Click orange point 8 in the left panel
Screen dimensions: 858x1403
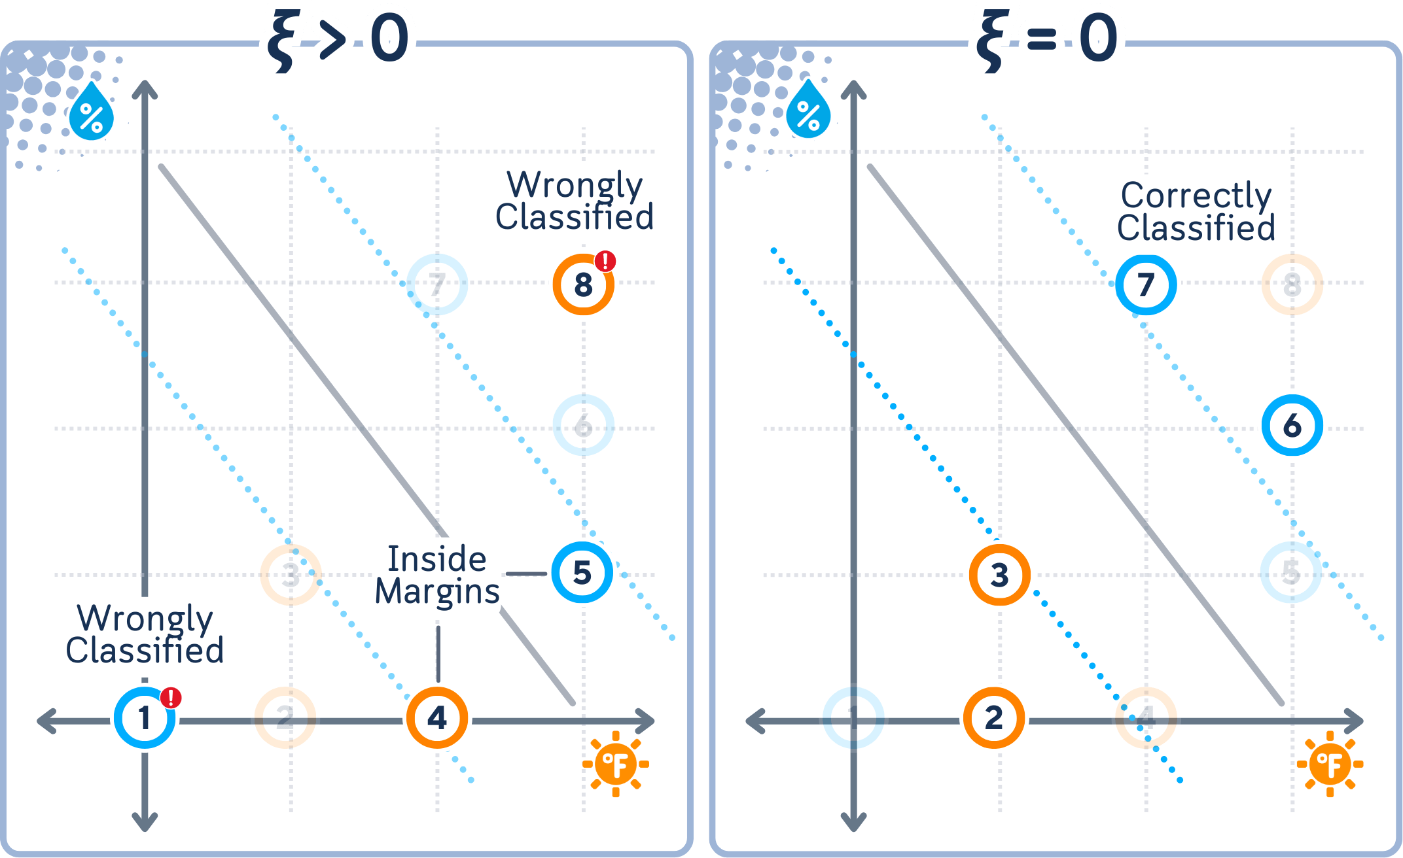point(583,285)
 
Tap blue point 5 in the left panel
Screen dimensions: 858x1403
point(582,573)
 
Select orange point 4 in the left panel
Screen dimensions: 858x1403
point(437,718)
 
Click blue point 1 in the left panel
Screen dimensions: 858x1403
point(145,718)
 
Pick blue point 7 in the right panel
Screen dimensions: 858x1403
point(1146,285)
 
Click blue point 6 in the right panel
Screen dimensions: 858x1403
point(1292,426)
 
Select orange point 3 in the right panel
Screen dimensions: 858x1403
point(999,575)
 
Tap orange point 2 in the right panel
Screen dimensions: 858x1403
point(993,718)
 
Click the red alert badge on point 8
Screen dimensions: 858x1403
point(606,261)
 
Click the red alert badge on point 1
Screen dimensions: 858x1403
point(171,697)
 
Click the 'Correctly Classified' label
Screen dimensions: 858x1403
point(1196,211)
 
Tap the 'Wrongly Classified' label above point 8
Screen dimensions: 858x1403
point(575,201)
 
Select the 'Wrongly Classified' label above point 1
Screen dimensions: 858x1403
point(145,634)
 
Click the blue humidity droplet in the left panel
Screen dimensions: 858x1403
point(92,112)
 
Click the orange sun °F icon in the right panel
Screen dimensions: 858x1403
point(1330,764)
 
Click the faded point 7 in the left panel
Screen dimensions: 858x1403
point(437,284)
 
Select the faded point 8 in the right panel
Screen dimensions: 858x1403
point(1292,285)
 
